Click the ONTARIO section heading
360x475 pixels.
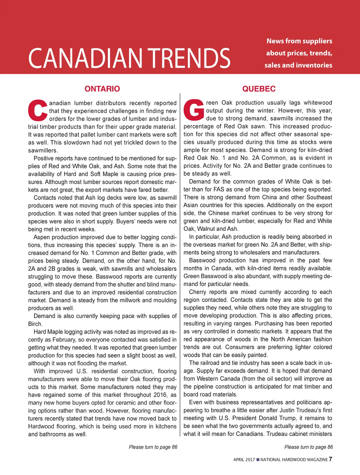102,89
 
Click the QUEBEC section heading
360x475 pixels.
259,89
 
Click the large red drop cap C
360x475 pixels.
38,110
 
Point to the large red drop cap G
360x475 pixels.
194,110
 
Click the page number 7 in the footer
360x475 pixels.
330,459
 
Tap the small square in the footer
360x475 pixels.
258,460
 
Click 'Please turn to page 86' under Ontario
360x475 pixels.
153,447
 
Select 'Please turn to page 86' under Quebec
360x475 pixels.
308,447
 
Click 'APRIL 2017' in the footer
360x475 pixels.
244,460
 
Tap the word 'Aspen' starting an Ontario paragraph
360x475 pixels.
41,237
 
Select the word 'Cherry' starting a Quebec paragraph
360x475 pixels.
198,292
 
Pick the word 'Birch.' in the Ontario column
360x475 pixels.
35,324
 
